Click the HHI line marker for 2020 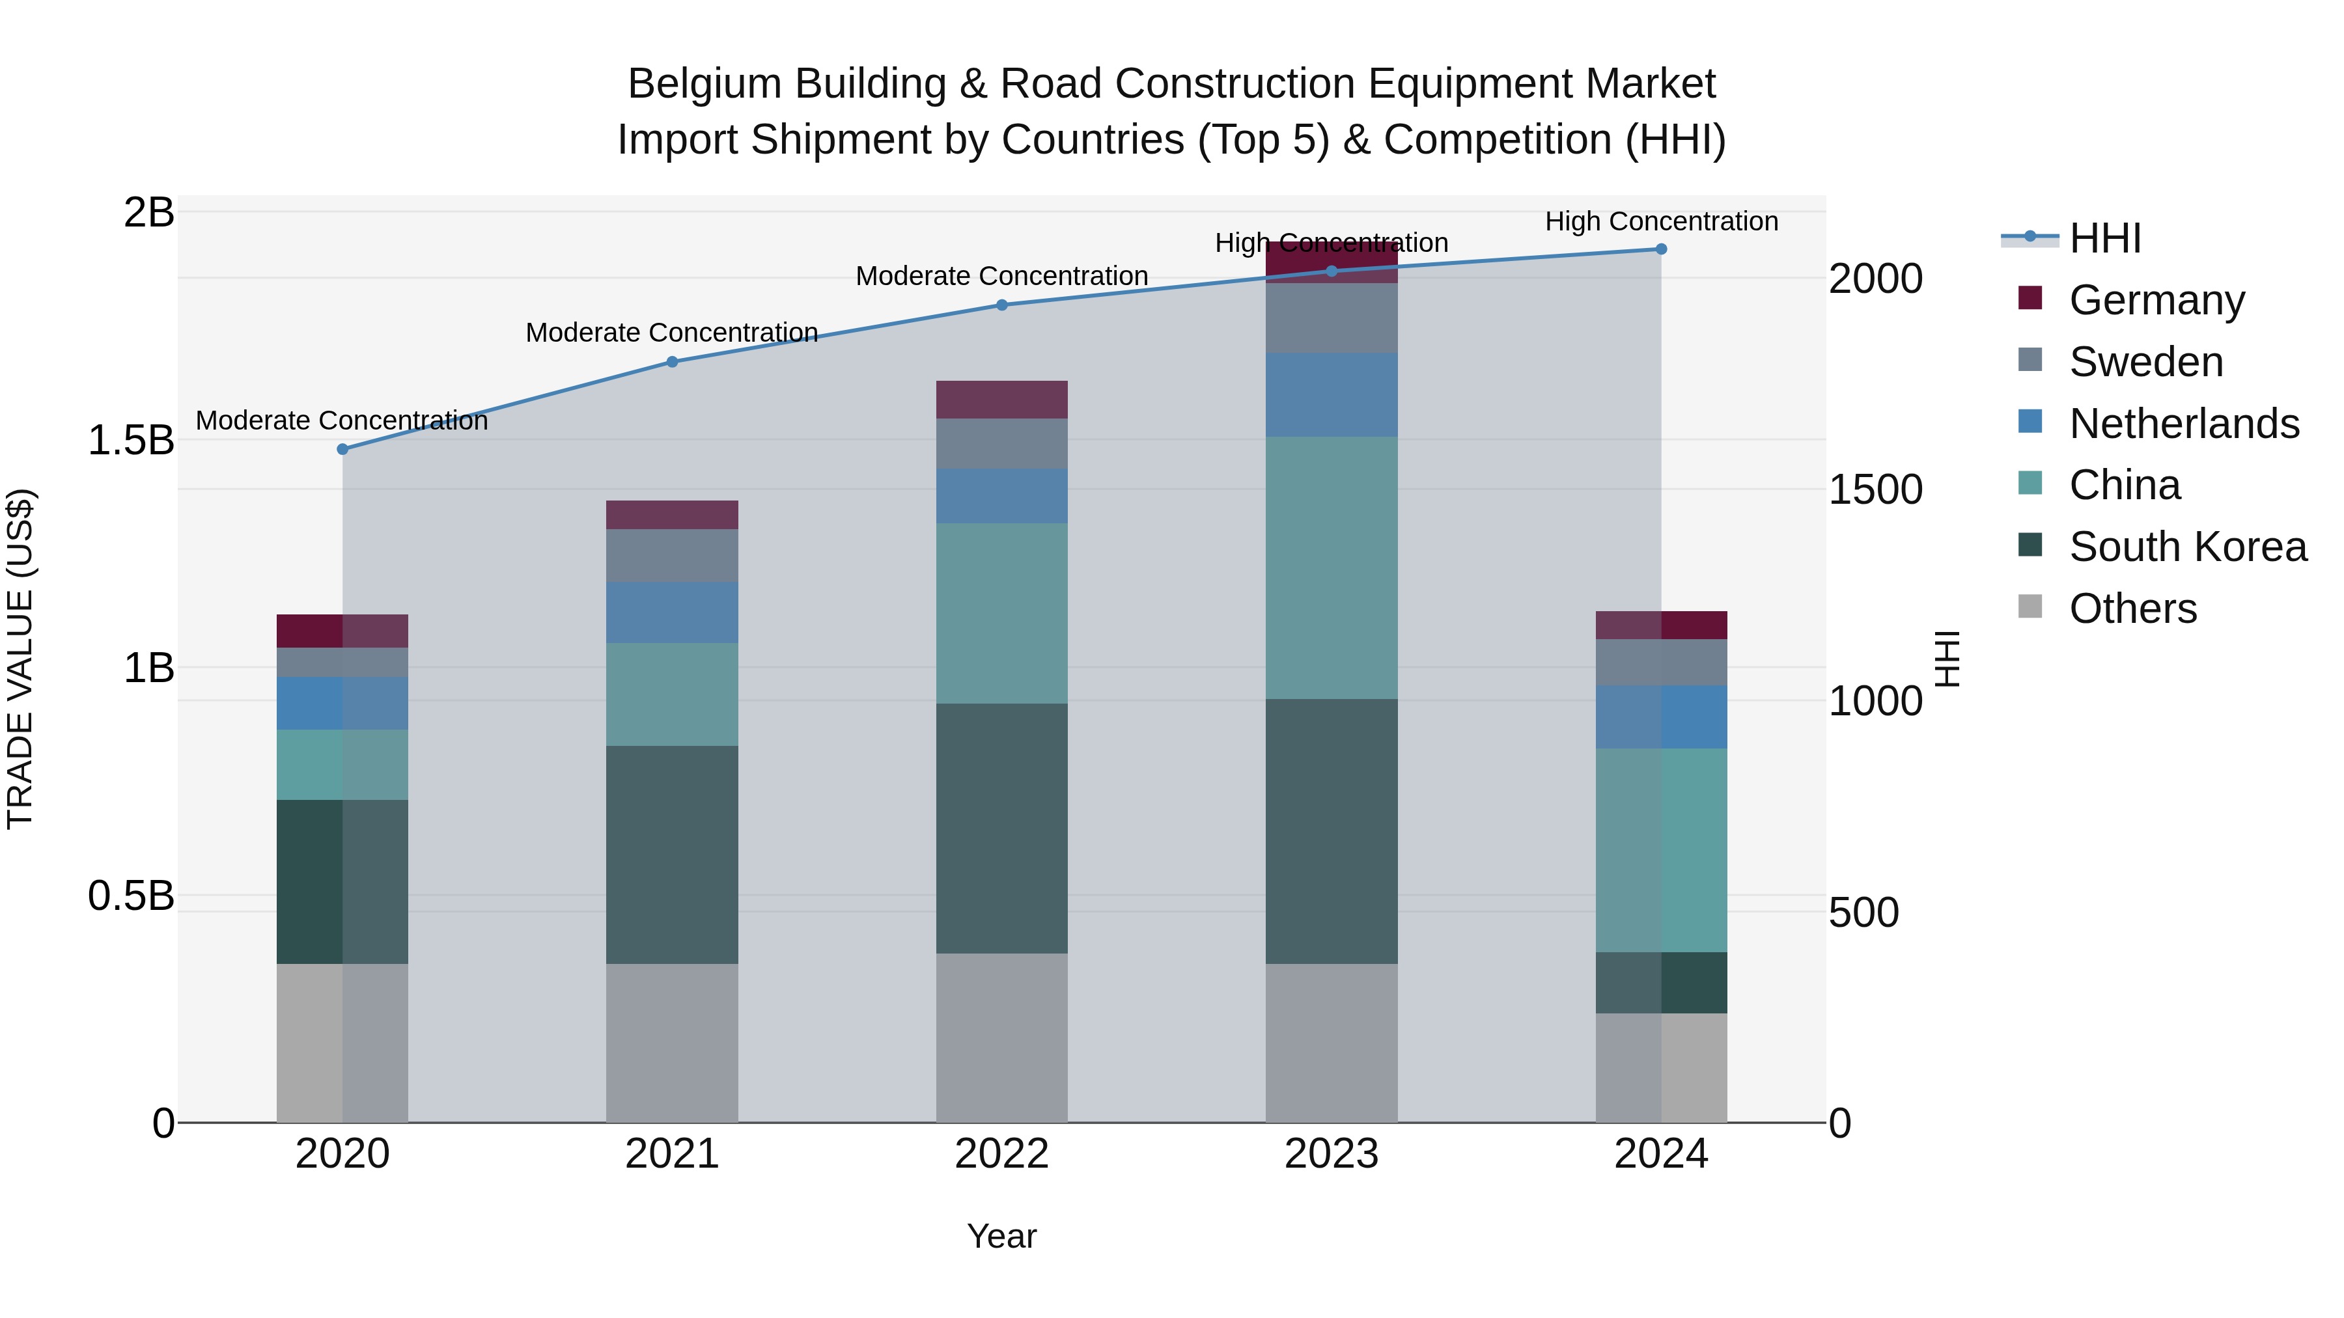point(342,449)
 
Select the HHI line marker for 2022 point(1002,305)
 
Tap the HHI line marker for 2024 point(1660,249)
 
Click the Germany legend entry point(2156,300)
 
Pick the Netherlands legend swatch point(2030,422)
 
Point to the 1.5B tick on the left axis point(130,440)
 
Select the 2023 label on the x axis point(1332,1154)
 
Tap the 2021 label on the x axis point(671,1154)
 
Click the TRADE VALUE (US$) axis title point(20,659)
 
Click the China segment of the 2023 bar point(1332,568)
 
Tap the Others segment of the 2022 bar point(1002,1038)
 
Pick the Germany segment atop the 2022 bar point(1002,400)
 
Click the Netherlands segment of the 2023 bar point(1332,395)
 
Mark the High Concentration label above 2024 point(1660,221)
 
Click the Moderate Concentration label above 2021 point(671,333)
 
